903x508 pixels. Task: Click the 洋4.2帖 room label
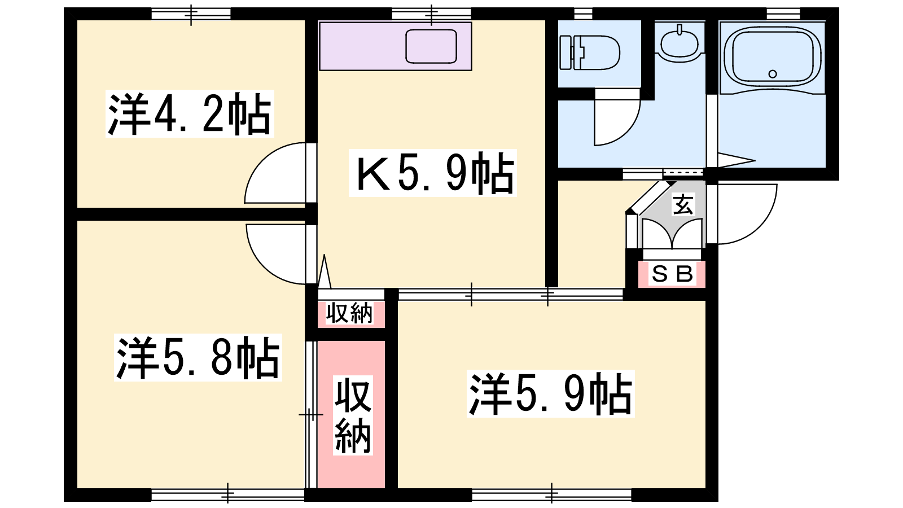click(x=190, y=114)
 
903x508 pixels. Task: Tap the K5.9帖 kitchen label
click(x=432, y=173)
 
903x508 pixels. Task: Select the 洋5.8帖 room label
click(x=198, y=358)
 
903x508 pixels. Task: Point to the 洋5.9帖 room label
click(x=551, y=393)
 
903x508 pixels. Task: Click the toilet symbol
click(x=589, y=53)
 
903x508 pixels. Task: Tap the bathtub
click(x=773, y=59)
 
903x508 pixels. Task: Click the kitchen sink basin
click(x=431, y=46)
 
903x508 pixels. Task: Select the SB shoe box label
click(x=672, y=274)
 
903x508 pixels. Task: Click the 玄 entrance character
click(x=683, y=204)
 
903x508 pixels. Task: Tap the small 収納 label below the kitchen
click(x=349, y=313)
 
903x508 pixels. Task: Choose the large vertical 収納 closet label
click(x=352, y=415)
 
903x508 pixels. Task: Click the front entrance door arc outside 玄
click(x=760, y=226)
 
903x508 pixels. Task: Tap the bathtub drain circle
click(x=773, y=74)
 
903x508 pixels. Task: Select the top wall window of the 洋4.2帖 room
click(x=191, y=14)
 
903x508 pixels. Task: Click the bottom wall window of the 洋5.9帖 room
click(x=551, y=494)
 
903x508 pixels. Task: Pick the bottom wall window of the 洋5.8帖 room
click(x=228, y=494)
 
